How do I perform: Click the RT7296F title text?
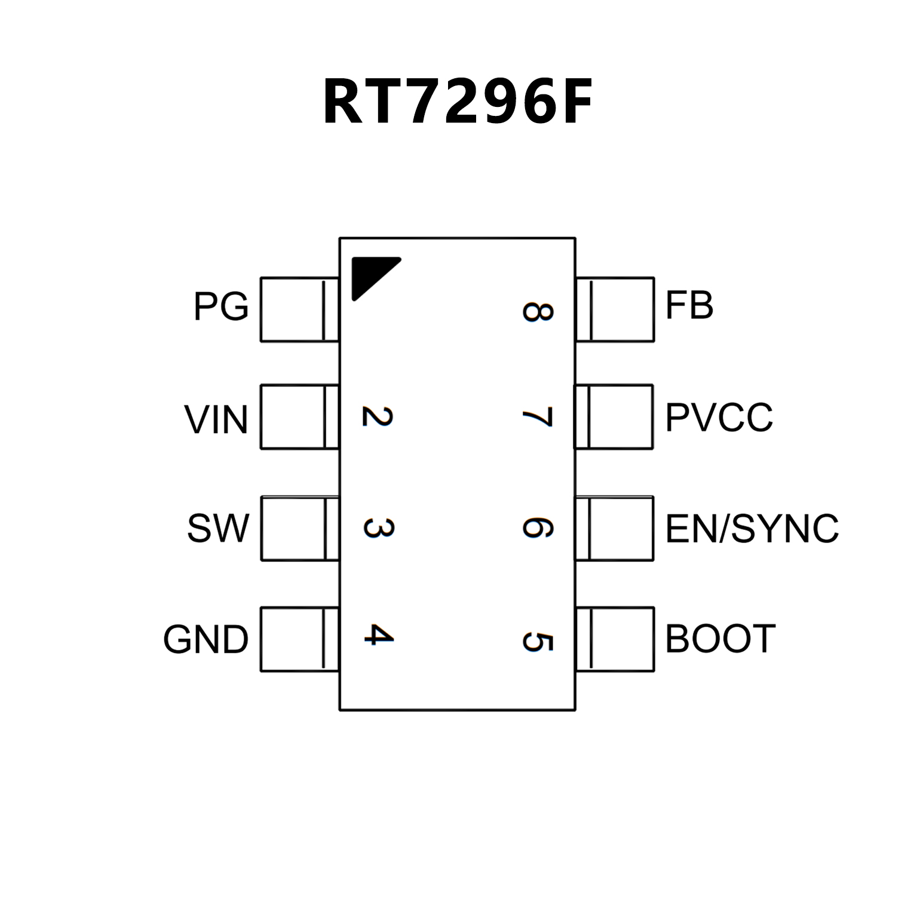(x=458, y=102)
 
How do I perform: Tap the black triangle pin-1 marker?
(x=370, y=275)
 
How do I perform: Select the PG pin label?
(x=220, y=306)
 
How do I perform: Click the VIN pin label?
(x=216, y=419)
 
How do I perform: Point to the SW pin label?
(x=217, y=528)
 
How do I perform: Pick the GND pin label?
(x=206, y=639)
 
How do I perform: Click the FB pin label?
(x=689, y=305)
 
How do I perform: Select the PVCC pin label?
(x=719, y=417)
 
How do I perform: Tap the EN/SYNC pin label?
(x=752, y=529)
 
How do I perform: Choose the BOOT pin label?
(x=720, y=639)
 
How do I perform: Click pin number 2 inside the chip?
(x=378, y=416)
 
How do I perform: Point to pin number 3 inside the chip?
(x=378, y=528)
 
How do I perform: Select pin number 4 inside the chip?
(x=379, y=635)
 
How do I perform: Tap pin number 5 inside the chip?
(x=538, y=642)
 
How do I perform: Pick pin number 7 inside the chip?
(x=537, y=417)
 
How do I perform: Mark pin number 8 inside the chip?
(x=538, y=311)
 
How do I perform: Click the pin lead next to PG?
(x=299, y=309)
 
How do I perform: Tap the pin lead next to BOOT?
(x=615, y=639)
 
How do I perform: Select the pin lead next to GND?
(x=299, y=639)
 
